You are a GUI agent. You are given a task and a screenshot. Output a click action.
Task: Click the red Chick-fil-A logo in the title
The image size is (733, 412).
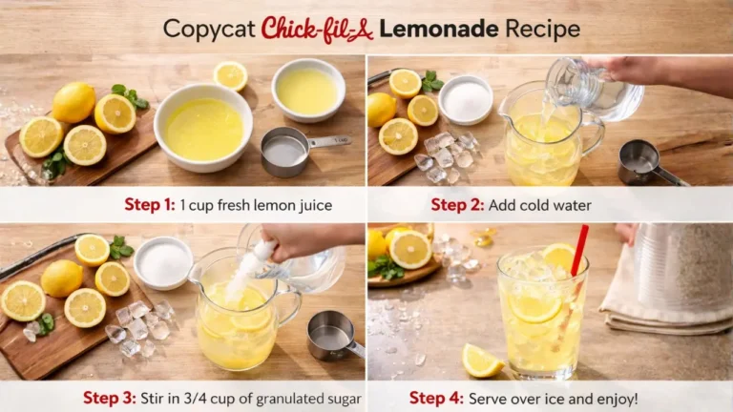point(317,29)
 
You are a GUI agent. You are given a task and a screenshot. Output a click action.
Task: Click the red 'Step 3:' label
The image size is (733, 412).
point(111,398)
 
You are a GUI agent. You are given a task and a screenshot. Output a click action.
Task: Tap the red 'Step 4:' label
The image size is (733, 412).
point(441,398)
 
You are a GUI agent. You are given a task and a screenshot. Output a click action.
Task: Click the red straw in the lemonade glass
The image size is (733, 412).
point(578,253)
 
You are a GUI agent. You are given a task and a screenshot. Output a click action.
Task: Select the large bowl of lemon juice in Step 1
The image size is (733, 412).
point(203,127)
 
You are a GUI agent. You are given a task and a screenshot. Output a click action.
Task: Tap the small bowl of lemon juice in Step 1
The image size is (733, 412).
point(307,90)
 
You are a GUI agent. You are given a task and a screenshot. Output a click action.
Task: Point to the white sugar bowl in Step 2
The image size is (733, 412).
point(466,99)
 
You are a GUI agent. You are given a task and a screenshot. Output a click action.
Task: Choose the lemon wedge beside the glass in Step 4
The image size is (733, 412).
point(482,361)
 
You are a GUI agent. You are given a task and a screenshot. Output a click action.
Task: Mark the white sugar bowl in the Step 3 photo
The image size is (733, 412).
point(163,262)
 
